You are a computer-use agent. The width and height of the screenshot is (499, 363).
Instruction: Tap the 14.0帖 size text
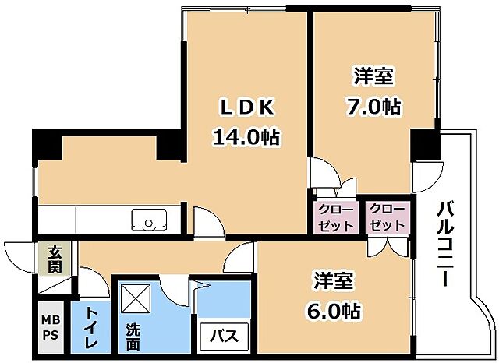pos(246,138)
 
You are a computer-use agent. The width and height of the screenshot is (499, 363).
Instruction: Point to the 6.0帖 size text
pos(332,311)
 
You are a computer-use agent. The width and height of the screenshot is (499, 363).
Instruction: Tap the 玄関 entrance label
pos(55,259)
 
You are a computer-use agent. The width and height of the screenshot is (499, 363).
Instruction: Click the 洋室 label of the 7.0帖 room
pos(373,76)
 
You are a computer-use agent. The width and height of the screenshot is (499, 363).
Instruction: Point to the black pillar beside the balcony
pos(426,142)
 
